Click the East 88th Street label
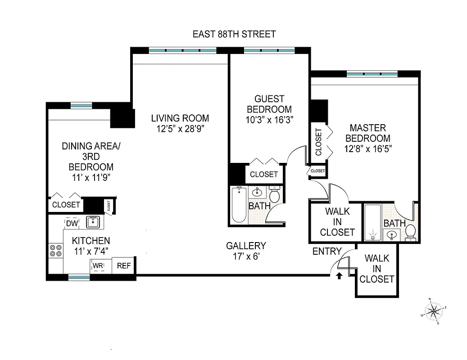(x=234, y=34)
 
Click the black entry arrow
(x=339, y=276)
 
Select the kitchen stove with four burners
(x=56, y=251)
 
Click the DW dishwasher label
(x=72, y=223)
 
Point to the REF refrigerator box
(x=123, y=265)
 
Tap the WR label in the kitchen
(x=98, y=265)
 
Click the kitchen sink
(x=93, y=221)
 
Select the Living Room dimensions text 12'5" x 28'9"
(x=180, y=128)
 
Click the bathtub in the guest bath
(x=239, y=205)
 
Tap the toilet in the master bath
(x=410, y=231)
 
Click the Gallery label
(x=246, y=246)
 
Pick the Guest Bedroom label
(x=269, y=104)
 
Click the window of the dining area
(x=81, y=105)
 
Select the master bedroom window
(x=372, y=73)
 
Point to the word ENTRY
(x=327, y=252)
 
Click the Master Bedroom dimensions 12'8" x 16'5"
(x=370, y=149)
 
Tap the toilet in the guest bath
(x=275, y=195)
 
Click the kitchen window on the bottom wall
(x=79, y=278)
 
